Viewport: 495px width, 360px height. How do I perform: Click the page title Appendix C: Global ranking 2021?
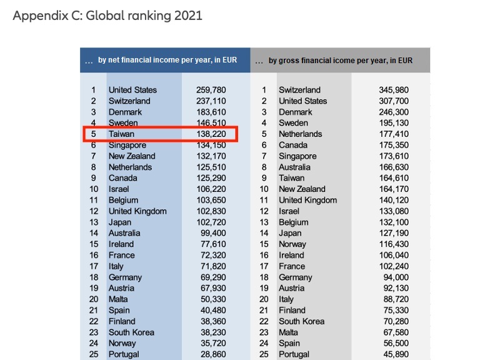pyautogui.click(x=107, y=16)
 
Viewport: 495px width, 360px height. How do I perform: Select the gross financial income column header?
pyautogui.click(x=341, y=61)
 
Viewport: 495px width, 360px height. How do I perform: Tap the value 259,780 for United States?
pyautogui.click(x=211, y=90)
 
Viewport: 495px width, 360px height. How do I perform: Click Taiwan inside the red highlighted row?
pyautogui.click(x=121, y=134)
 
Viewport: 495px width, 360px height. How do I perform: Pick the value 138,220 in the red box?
pyautogui.click(x=211, y=134)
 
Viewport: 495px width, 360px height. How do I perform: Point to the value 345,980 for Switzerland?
pyautogui.click(x=392, y=90)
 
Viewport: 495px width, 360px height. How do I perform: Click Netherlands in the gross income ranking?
pyautogui.click(x=301, y=134)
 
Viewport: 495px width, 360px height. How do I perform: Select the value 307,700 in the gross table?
pyautogui.click(x=392, y=101)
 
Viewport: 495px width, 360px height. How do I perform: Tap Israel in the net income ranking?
pyautogui.click(x=119, y=189)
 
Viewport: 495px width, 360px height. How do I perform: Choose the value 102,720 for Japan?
pyautogui.click(x=211, y=222)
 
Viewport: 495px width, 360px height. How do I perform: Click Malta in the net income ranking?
pyautogui.click(x=118, y=299)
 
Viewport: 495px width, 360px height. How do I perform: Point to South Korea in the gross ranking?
pyautogui.click(x=301, y=321)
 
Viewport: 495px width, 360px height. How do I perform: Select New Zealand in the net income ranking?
pyautogui.click(x=132, y=156)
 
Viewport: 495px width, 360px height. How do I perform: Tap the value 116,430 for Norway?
pyautogui.click(x=392, y=244)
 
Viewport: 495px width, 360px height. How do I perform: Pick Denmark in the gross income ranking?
pyautogui.click(x=296, y=112)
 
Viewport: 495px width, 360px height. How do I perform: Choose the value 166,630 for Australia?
pyautogui.click(x=392, y=167)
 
